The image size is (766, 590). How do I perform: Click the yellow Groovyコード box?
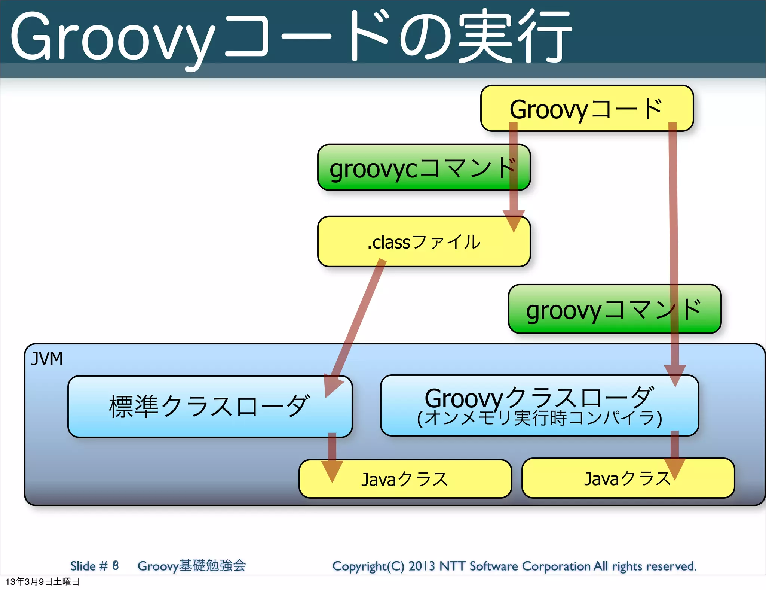coord(586,108)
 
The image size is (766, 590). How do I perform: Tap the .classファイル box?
coord(423,242)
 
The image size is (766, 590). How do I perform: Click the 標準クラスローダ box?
coord(209,407)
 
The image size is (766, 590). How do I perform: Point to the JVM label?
coord(47,359)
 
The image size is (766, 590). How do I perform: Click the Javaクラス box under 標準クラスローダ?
coord(405,479)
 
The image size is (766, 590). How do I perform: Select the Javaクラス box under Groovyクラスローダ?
coord(628,478)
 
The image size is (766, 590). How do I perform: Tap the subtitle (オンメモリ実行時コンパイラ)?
coord(539,419)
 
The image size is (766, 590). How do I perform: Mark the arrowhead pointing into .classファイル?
coord(514,221)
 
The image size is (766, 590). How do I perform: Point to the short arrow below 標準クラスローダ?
coord(332,457)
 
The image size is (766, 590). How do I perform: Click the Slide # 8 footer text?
coord(94,566)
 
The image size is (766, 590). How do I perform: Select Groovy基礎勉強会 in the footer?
coord(191,566)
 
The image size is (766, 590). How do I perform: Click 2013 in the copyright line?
coord(422,566)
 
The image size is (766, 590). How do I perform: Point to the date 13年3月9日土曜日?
coord(42,581)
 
